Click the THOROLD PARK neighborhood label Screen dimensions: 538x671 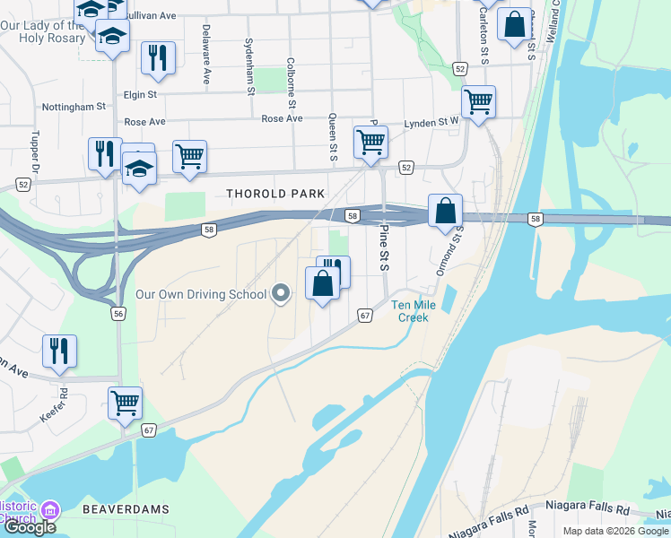275,194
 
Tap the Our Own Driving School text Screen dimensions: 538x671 201,294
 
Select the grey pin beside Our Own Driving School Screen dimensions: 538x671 281,293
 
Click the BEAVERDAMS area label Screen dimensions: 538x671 126,508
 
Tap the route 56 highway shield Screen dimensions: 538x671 118,313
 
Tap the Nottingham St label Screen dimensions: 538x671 79,107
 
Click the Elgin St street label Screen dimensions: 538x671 140,93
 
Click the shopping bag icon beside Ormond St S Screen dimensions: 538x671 445,212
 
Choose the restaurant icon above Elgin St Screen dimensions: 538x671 158,57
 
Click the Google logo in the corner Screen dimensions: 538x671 29,527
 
